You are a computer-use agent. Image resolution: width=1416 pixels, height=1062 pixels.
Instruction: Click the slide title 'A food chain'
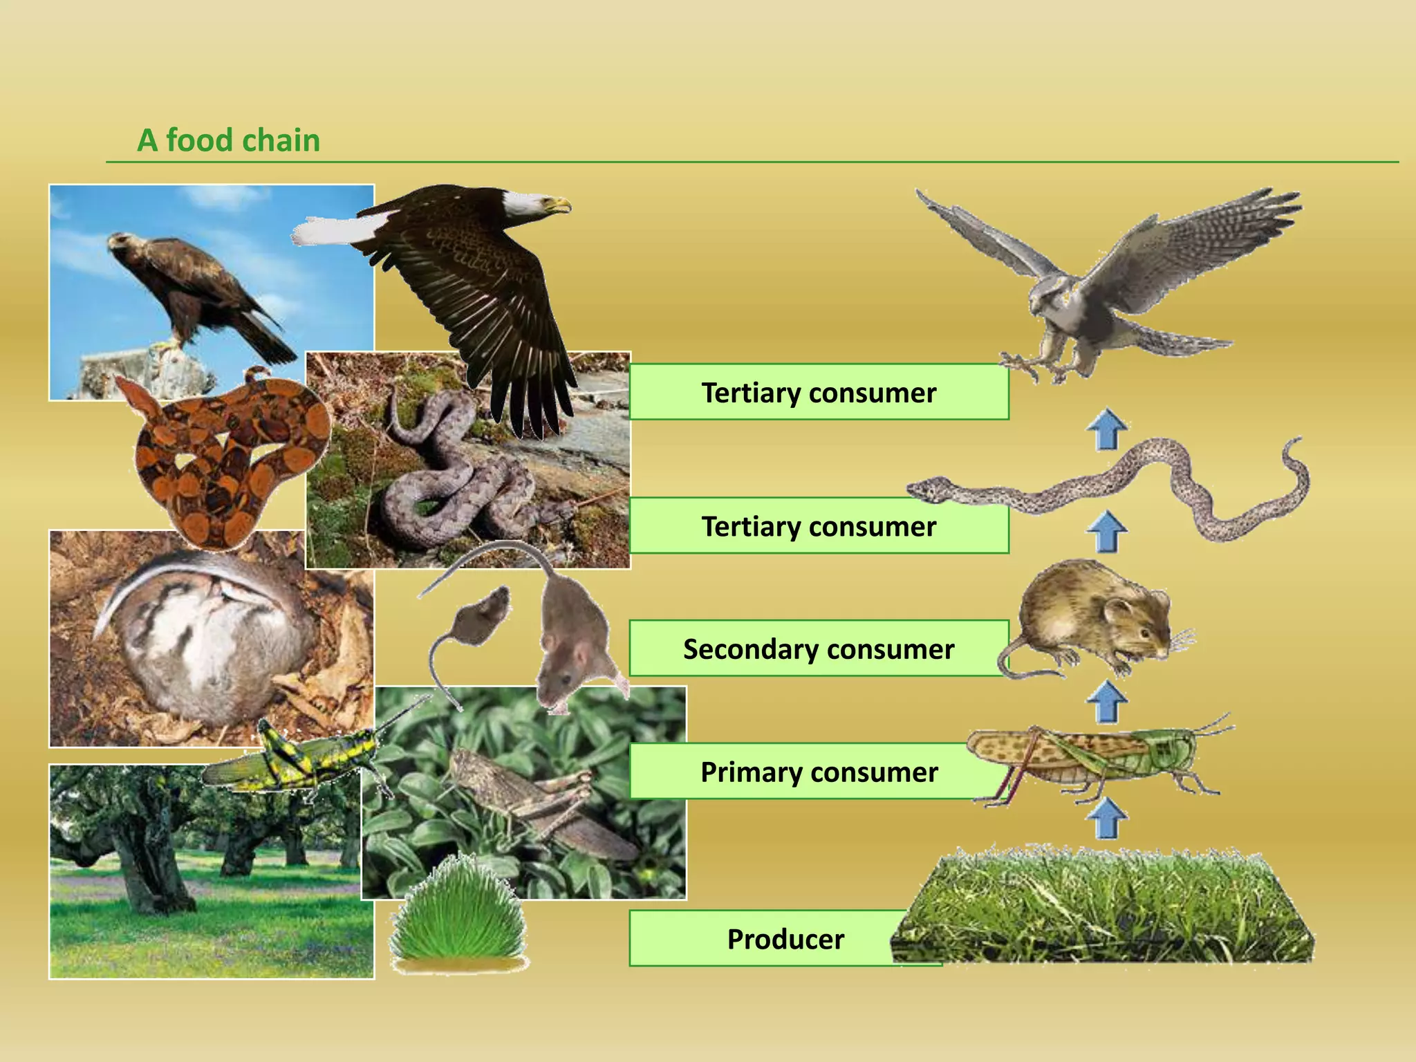tap(229, 140)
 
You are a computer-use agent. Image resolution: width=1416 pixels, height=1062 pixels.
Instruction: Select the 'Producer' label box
tap(785, 939)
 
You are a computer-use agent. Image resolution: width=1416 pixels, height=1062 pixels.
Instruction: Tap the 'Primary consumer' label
tap(819, 772)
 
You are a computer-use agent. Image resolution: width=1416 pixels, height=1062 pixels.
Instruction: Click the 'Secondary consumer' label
tap(819, 649)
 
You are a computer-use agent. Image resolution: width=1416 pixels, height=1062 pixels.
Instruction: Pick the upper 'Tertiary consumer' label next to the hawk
tap(819, 392)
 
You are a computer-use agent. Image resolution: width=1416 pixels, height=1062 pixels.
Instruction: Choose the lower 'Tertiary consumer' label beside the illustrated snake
tap(819, 526)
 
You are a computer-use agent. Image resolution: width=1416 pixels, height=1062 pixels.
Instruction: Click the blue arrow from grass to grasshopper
tap(1106, 817)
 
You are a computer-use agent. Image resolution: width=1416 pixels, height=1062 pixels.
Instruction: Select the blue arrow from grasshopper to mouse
tap(1106, 701)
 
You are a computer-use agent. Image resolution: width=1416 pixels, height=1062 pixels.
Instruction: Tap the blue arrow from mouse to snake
tap(1106, 531)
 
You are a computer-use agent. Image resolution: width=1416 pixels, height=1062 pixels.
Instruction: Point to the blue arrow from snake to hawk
tap(1106, 429)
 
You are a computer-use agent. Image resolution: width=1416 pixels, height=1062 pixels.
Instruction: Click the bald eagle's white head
tap(532, 203)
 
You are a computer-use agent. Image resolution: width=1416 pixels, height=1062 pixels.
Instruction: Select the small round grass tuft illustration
tap(458, 913)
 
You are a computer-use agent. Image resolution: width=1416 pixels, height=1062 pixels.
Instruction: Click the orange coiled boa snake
tap(228, 456)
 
